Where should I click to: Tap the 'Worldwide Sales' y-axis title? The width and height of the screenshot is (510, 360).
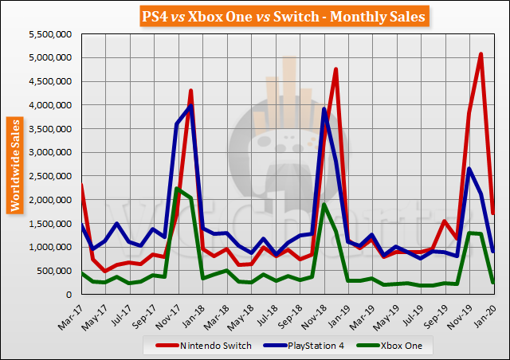(x=15, y=164)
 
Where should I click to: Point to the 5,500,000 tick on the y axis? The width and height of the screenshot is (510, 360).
(x=50, y=34)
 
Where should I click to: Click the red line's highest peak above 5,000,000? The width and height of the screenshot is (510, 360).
(x=481, y=54)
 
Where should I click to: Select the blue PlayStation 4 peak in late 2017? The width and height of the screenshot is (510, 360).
(x=190, y=106)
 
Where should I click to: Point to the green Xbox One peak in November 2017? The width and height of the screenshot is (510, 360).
(x=177, y=188)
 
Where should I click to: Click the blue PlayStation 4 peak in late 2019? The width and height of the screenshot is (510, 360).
(x=469, y=168)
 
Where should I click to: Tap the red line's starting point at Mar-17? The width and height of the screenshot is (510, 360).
(x=82, y=185)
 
